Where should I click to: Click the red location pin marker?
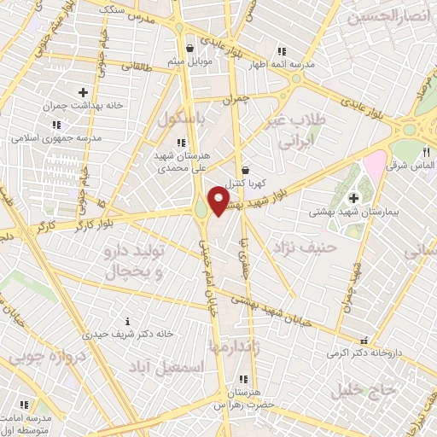(x=218, y=201)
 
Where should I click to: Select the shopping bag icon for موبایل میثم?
(x=190, y=48)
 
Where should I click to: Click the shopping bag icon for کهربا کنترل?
(x=246, y=169)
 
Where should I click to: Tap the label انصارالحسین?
(x=379, y=15)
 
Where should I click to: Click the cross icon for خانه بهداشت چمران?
(x=83, y=92)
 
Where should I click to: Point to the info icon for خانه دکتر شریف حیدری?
(x=127, y=321)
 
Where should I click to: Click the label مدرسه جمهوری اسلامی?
(x=56, y=137)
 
